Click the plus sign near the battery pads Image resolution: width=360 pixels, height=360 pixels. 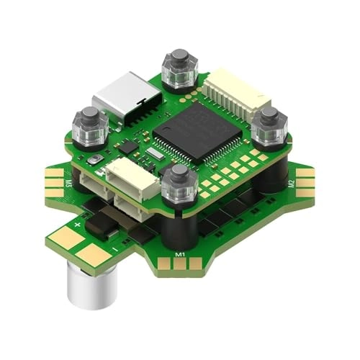pyautogui.click(x=78, y=224)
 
